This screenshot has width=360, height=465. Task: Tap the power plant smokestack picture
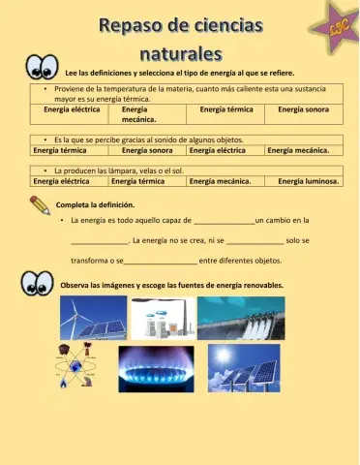pos(170,317)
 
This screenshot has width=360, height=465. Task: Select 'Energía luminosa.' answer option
pos(308,180)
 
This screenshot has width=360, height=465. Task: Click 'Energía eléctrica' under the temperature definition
pos(71,109)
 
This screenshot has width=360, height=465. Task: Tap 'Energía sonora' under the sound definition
pos(147,150)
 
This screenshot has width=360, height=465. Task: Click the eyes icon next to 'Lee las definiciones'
pos(43,67)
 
